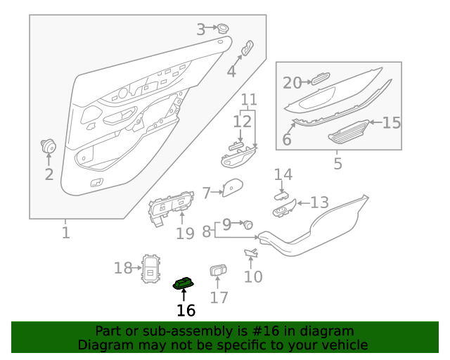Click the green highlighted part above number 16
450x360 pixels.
coord(183,283)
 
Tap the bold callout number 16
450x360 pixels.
coord(186,310)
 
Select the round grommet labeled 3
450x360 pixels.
coord(222,28)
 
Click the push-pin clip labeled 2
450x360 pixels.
coord(49,146)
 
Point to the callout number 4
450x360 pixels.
coord(231,71)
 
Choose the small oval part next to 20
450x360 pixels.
coord(321,78)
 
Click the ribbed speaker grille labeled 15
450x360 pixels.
coord(349,131)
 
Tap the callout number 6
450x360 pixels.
coord(287,139)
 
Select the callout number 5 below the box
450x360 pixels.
coord(337,163)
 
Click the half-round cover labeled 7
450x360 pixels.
coord(233,188)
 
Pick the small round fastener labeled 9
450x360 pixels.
coord(248,224)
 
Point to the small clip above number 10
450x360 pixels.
coord(251,252)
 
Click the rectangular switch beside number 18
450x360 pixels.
coord(151,269)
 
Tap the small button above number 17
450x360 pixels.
coord(218,270)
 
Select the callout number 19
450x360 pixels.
coord(185,233)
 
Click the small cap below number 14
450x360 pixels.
coord(282,196)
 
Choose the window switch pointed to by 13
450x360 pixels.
coord(284,208)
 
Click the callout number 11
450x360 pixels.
coord(249,100)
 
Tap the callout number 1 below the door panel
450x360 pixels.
coord(66,233)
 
